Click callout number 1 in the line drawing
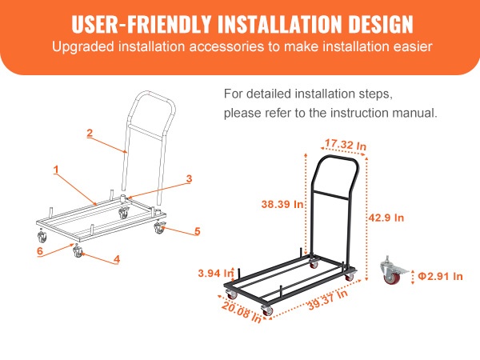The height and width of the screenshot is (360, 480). pyautogui.click(x=56, y=170)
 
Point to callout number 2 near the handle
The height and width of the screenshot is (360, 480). pyautogui.click(x=90, y=133)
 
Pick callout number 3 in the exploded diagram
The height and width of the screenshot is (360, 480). pyautogui.click(x=189, y=178)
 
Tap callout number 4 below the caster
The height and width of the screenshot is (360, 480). pyautogui.click(x=117, y=259)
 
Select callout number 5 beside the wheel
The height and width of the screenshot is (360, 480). pyautogui.click(x=198, y=231)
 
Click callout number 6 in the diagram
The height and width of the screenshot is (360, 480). pyautogui.click(x=40, y=251)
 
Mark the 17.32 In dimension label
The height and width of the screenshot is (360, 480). pyautogui.click(x=346, y=144)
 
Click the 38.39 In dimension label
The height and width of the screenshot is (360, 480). pyautogui.click(x=282, y=204)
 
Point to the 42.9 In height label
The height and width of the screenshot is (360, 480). pyautogui.click(x=386, y=218)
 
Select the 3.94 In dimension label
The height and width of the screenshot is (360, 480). pyautogui.click(x=216, y=273)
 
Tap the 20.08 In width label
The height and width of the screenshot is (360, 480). pyautogui.click(x=242, y=312)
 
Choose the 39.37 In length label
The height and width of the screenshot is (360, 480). pyautogui.click(x=328, y=300)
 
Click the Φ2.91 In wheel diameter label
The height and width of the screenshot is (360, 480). pyautogui.click(x=440, y=277)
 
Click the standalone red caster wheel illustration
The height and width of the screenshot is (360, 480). pyautogui.click(x=394, y=271)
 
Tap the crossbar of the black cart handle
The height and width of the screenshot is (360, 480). pyautogui.click(x=331, y=195)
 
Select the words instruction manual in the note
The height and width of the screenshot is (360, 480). pyautogui.click(x=384, y=113)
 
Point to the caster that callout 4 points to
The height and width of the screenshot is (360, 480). pyautogui.click(x=78, y=252)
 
